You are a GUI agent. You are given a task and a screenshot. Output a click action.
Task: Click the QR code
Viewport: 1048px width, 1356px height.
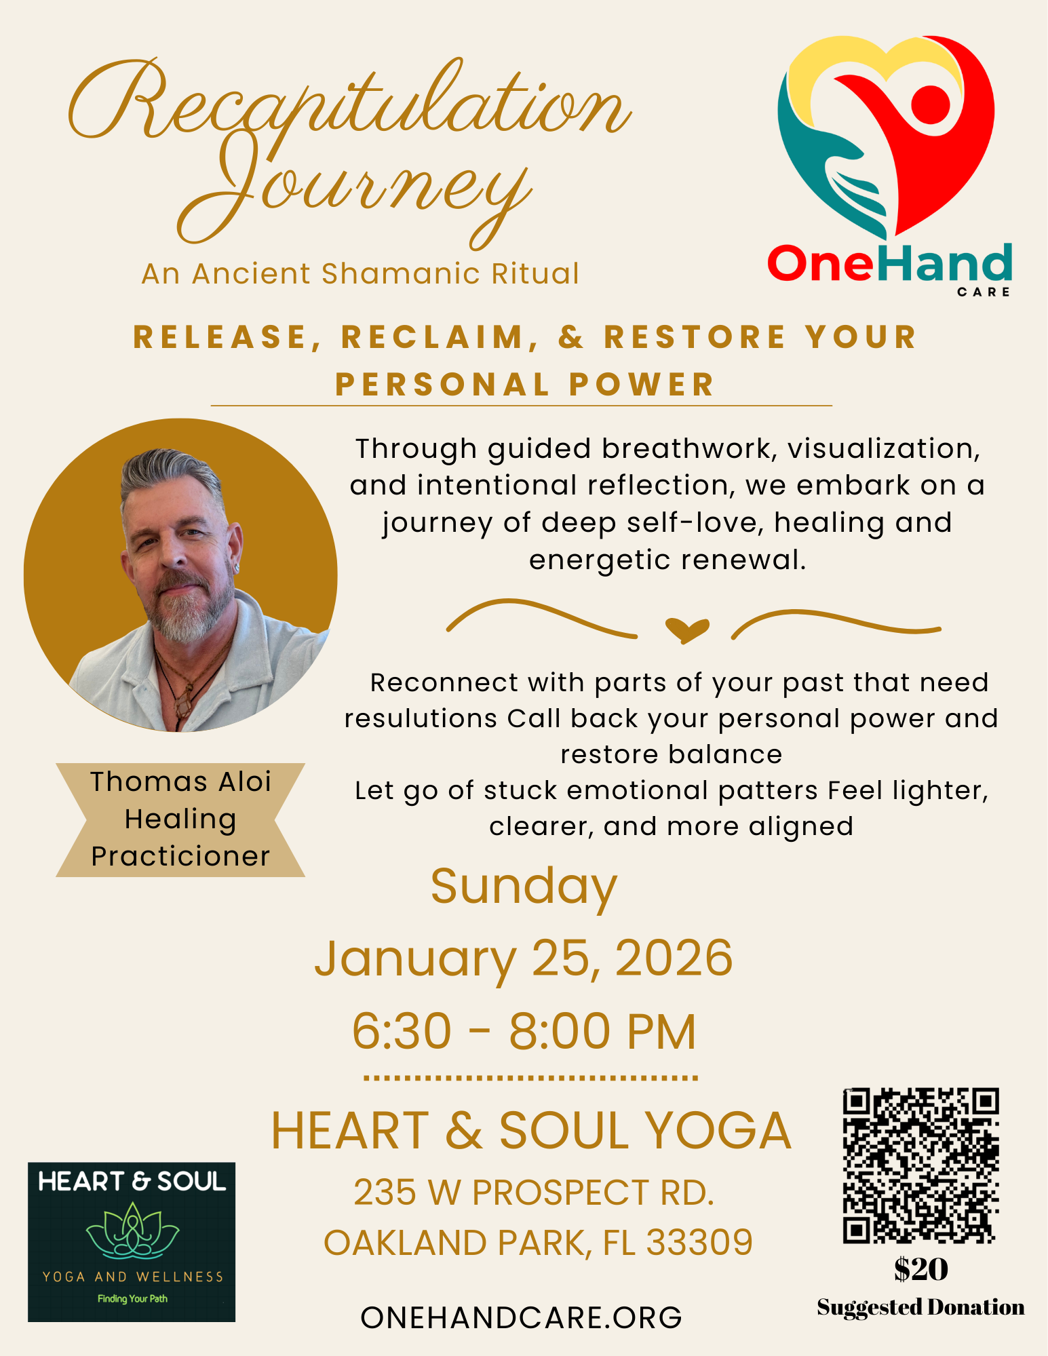click(920, 1165)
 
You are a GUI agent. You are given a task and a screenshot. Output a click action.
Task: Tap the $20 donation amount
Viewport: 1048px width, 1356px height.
click(920, 1269)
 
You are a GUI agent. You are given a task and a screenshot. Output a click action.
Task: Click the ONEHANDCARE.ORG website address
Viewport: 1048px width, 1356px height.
click(521, 1317)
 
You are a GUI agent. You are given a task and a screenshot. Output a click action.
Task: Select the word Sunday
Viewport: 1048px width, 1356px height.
click(524, 887)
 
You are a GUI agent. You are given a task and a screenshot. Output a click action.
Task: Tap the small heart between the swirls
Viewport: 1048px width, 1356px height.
click(687, 630)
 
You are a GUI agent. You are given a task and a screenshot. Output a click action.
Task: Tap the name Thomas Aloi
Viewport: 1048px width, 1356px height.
click(180, 781)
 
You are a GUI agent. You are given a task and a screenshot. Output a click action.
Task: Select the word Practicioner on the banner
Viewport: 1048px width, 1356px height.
click(180, 856)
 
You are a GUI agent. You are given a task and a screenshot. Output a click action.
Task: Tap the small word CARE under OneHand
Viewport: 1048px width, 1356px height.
click(984, 292)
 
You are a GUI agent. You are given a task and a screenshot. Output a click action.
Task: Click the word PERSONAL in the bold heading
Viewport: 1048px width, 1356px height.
click(442, 385)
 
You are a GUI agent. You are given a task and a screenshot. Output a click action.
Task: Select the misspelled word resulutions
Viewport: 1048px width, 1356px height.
click(421, 719)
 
